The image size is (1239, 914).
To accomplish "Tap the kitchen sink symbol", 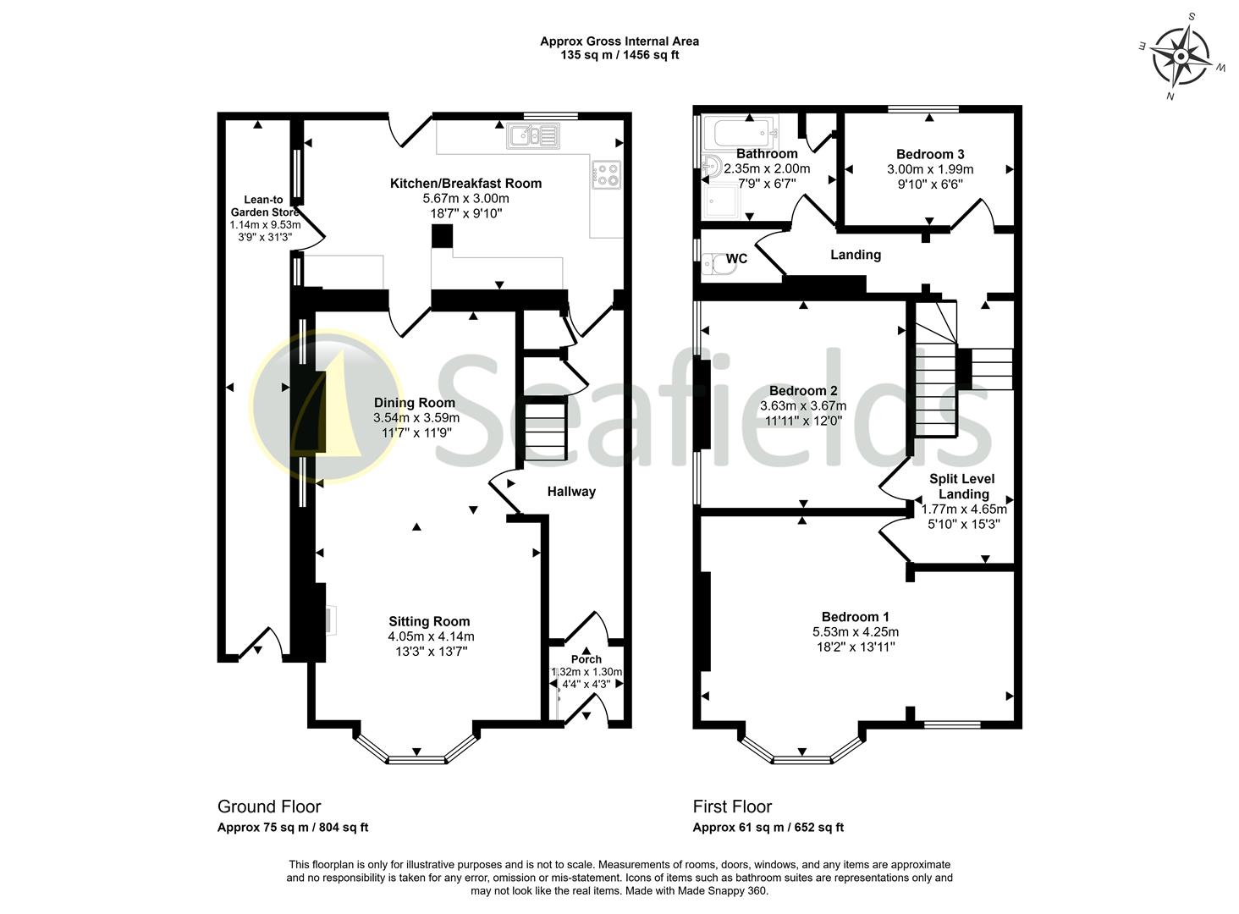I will [x=532, y=135].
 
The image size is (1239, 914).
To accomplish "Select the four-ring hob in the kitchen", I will [x=607, y=174].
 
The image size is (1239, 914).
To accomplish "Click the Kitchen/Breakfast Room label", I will [x=465, y=183].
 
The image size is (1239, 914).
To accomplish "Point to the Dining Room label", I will [x=415, y=403].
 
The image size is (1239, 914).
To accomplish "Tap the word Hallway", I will [x=570, y=491].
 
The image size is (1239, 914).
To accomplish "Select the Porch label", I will [x=586, y=659].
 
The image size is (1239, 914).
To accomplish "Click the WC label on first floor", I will [x=736, y=258].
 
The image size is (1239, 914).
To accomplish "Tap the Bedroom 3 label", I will [x=929, y=154].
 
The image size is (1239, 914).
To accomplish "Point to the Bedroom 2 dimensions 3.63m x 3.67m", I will [x=803, y=405].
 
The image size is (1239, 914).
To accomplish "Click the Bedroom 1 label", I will [x=855, y=617].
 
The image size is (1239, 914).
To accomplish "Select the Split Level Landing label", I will [x=963, y=486].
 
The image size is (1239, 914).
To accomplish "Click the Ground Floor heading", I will [x=269, y=807].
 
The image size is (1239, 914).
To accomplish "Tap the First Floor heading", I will [x=732, y=807].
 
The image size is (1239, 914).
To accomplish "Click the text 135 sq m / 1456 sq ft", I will [x=619, y=55].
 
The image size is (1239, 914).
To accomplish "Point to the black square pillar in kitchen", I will [x=442, y=236].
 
